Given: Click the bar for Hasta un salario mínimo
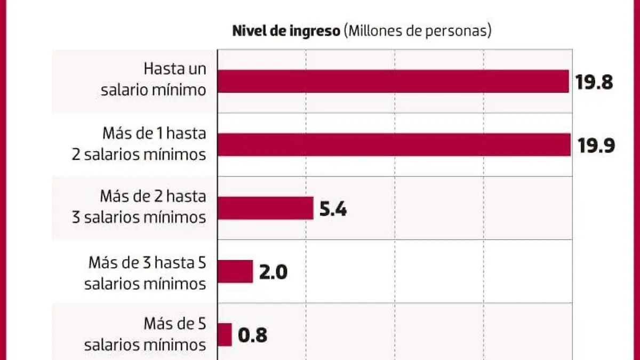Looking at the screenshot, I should tap(393, 82).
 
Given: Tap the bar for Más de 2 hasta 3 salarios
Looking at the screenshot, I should tap(265, 208).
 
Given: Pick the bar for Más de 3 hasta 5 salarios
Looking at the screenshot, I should tap(235, 271).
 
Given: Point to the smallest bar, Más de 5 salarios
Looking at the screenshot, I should tap(224, 334).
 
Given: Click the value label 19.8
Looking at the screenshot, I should tap(594, 82).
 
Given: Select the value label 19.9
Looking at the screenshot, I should tap(596, 146).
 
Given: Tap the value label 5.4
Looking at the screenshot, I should tap(333, 209).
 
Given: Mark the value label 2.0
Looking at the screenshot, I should tap(273, 272).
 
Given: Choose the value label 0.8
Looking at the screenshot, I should tap(252, 335).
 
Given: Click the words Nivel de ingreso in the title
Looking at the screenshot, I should tap(286, 31).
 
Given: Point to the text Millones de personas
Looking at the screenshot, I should tap(418, 31).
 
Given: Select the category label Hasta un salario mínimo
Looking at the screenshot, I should tap(153, 79).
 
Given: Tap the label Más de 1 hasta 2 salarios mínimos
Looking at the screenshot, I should tap(139, 143).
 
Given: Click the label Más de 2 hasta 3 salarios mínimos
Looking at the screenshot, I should tap(139, 206).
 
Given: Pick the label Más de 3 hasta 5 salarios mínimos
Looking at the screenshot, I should tap(145, 273).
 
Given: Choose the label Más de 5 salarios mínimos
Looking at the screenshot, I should tap(145, 334).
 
